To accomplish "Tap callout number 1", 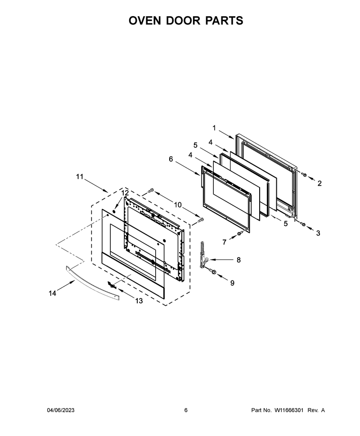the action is [214, 128].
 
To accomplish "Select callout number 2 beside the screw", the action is [319, 183].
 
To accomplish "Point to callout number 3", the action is [318, 233].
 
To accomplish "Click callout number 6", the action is [171, 159].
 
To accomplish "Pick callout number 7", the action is [225, 242].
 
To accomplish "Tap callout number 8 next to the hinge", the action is [238, 260].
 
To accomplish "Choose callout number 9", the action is [232, 283].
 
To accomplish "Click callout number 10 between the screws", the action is [178, 205].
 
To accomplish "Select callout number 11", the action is [80, 177].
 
